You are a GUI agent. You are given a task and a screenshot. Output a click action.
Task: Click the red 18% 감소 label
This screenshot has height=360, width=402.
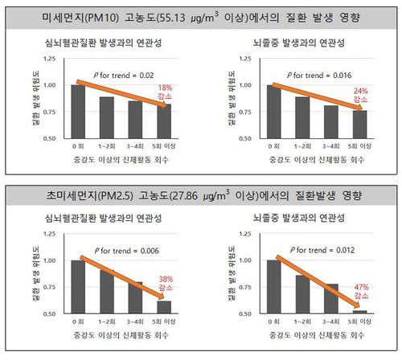(165, 92)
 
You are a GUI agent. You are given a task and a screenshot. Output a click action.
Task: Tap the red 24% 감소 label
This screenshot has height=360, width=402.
(360, 96)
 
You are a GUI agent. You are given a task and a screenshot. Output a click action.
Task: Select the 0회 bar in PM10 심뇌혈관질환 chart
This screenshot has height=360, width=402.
(77, 111)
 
